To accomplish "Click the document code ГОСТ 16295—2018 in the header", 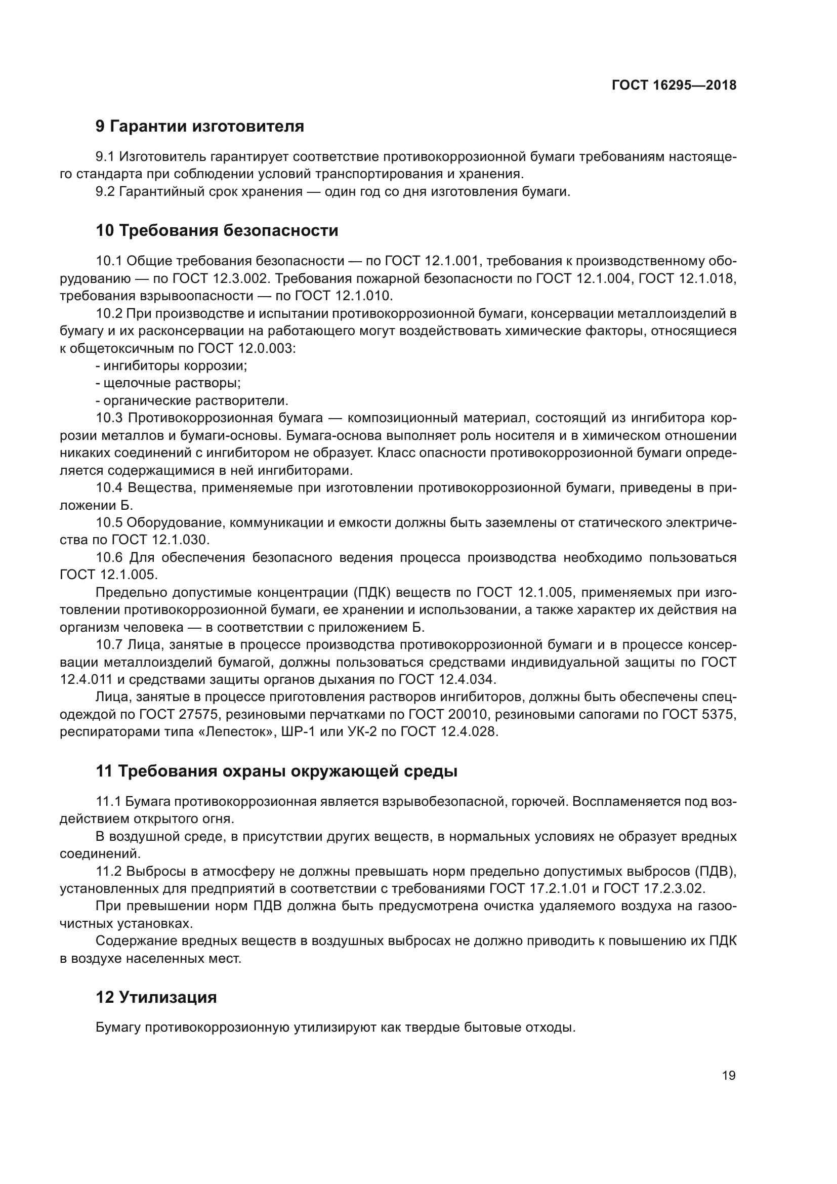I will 674,85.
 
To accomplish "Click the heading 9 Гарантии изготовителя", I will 199,127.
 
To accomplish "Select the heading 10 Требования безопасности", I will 217,230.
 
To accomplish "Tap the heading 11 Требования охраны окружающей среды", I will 276,771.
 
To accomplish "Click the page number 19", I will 729,1076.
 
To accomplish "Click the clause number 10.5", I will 109,523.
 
